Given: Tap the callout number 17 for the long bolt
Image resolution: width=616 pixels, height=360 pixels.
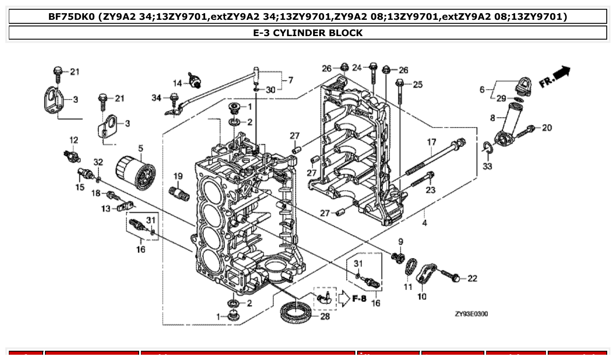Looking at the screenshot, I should [431, 142].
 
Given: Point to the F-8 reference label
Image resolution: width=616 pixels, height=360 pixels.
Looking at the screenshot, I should [359, 299].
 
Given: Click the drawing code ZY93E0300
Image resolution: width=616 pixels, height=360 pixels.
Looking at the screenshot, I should [471, 314].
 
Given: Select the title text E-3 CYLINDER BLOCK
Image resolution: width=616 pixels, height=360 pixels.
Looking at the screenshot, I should [308, 33].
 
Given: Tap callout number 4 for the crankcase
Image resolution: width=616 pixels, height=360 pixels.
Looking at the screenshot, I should [424, 223].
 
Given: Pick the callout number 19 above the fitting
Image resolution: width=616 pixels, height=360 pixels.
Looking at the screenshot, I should [177, 176].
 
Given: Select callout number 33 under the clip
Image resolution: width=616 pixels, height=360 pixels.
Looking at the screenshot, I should [487, 166].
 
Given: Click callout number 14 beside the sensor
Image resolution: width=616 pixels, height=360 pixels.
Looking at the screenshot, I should [177, 83].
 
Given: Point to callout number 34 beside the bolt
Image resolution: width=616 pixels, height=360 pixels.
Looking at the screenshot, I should [157, 98].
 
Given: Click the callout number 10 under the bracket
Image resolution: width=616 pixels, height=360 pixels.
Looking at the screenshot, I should [422, 297].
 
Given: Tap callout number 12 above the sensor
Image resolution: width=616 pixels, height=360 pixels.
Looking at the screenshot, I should [74, 140].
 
